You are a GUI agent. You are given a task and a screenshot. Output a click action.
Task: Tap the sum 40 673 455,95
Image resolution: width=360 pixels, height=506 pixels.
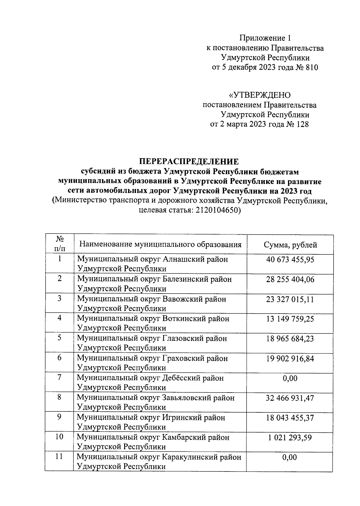[x=290, y=260]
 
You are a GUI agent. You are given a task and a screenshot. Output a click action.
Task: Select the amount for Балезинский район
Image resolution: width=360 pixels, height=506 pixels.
[x=290, y=279]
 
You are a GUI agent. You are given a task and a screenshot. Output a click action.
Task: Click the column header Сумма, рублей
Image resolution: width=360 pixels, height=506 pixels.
[x=290, y=245]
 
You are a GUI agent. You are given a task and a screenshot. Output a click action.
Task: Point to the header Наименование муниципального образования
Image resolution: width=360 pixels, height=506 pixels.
[x=160, y=244]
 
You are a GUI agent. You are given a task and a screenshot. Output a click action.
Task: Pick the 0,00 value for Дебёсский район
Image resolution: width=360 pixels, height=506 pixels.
[x=290, y=378]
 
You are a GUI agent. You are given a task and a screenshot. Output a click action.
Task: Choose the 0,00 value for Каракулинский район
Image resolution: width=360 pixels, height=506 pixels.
[x=289, y=457]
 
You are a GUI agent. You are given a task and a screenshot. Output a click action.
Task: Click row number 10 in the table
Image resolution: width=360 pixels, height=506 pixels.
[x=59, y=437]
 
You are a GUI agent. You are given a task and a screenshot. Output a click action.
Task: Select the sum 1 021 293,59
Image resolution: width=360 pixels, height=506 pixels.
[x=290, y=438]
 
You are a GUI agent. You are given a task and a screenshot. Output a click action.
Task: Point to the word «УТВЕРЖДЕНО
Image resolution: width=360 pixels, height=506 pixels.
[x=259, y=95]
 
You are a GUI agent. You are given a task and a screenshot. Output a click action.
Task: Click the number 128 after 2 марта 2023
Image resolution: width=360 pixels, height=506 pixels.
[x=302, y=124]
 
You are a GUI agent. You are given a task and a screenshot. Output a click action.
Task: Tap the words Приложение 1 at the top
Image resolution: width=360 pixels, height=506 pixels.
[x=265, y=38]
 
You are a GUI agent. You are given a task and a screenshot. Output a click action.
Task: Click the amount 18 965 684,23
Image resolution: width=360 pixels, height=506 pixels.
[x=290, y=339]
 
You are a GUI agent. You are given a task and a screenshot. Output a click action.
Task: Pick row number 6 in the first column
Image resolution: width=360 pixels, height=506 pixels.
[x=59, y=358]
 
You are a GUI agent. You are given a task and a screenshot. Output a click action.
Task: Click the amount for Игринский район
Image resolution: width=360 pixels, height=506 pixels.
[x=290, y=418]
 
